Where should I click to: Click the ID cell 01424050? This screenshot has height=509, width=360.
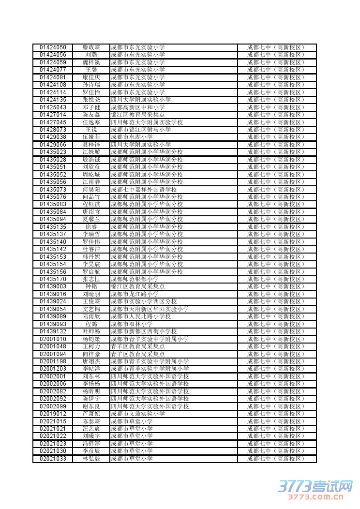tap(53, 47)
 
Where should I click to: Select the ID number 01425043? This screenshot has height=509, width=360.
tap(53, 107)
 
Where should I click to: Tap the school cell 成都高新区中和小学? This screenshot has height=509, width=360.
tap(138, 107)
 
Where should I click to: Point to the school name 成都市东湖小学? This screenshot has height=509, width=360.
tap(132, 137)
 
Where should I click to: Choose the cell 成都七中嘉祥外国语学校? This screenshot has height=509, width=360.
tap(144, 189)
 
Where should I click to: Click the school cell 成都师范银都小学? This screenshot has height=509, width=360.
tap(135, 279)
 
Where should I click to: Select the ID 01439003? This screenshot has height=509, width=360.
tap(53, 286)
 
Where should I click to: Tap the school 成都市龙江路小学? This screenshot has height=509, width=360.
tap(135, 294)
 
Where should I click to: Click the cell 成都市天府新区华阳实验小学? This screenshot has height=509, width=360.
tap(150, 309)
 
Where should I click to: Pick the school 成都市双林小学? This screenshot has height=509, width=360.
tap(132, 324)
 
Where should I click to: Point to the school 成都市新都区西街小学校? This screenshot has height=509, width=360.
tap(144, 331)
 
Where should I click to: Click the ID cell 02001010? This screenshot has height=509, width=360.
tap(53, 339)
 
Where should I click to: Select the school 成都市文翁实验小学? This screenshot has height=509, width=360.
tap(138, 414)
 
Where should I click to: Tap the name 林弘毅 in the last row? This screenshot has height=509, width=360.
tap(91, 459)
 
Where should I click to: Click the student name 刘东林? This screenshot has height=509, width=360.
tap(91, 376)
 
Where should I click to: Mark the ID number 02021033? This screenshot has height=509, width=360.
tap(53, 459)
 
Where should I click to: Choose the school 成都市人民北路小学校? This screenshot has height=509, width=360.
tap(141, 316)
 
